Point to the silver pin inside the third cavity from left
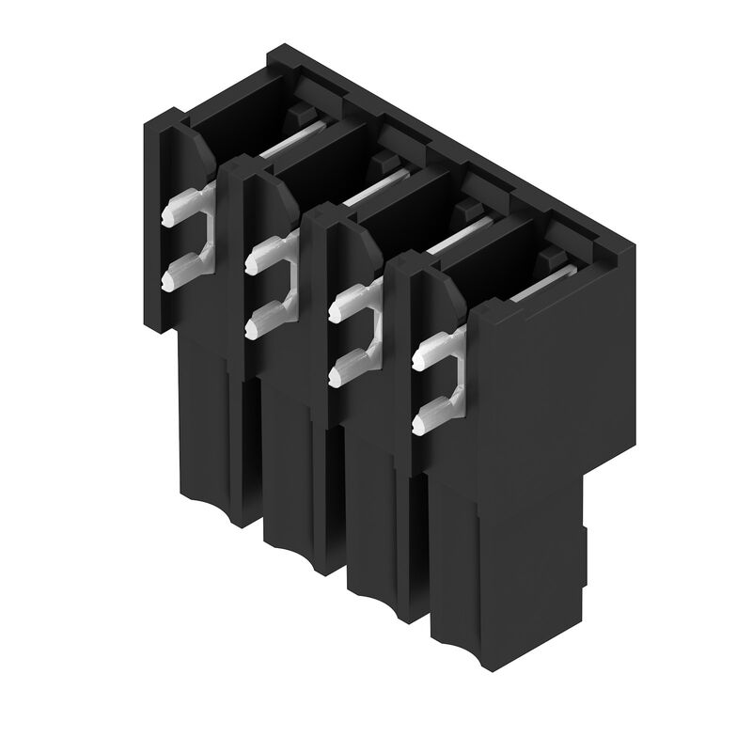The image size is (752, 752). click(x=461, y=235)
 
